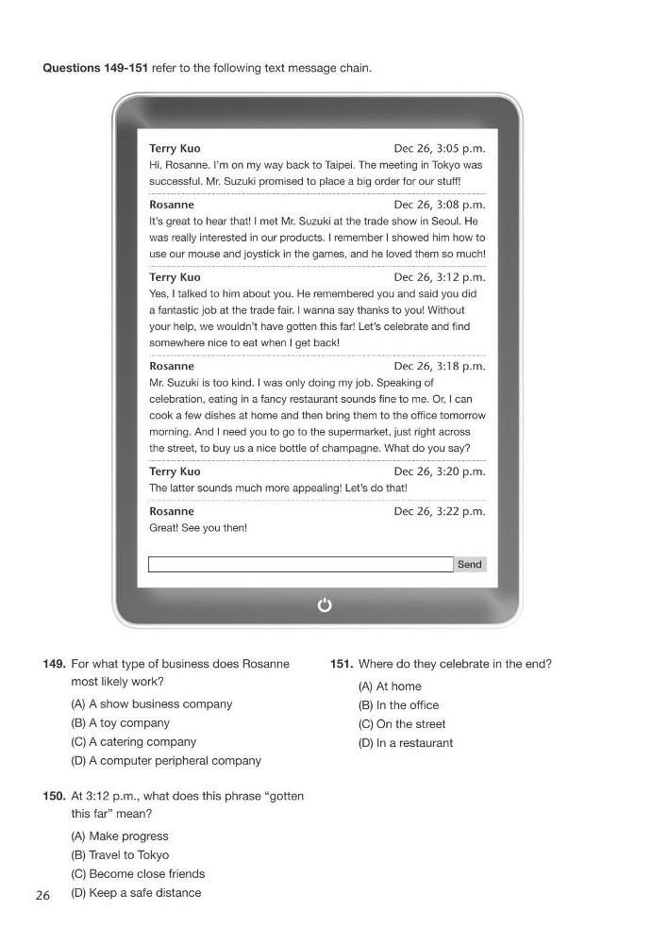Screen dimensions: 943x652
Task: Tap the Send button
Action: click(469, 565)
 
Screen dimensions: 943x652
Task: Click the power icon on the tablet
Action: click(325, 605)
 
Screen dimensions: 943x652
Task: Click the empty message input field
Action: click(300, 565)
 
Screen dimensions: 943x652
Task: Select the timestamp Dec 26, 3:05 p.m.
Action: click(439, 149)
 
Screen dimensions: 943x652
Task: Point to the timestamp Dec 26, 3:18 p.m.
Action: click(439, 366)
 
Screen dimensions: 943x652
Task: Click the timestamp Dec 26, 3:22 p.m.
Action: click(439, 511)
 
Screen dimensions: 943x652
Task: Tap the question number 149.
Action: click(54, 664)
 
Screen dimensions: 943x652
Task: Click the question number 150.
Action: click(54, 796)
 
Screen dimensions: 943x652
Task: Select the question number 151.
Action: click(342, 664)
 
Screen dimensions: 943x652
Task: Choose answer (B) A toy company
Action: click(121, 723)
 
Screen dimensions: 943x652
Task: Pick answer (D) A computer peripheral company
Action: click(166, 761)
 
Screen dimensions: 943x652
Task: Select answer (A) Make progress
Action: click(120, 836)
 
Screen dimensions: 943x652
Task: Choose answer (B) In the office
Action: click(398, 705)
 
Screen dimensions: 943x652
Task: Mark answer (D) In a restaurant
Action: click(406, 743)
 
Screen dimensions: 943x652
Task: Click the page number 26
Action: click(42, 896)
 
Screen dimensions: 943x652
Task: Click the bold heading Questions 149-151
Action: click(95, 68)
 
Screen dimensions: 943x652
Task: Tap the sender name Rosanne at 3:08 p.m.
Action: click(172, 205)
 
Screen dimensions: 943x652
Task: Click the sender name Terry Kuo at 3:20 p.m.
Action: click(175, 471)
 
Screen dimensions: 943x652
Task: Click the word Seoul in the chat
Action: click(448, 222)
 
